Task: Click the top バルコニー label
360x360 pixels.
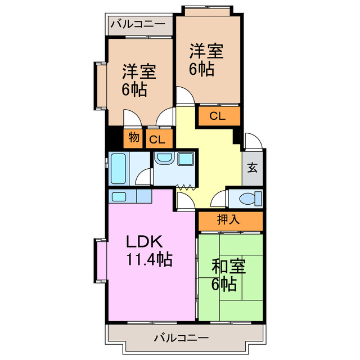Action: click(137, 25)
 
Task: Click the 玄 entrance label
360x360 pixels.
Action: click(253, 167)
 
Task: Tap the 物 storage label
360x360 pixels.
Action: click(134, 137)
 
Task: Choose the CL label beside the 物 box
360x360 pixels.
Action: click(157, 139)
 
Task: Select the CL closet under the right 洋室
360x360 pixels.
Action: click(218, 116)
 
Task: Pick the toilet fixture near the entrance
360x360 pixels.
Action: click(248, 198)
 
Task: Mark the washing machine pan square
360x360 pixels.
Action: click(185, 159)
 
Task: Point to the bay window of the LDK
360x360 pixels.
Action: click(101, 260)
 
